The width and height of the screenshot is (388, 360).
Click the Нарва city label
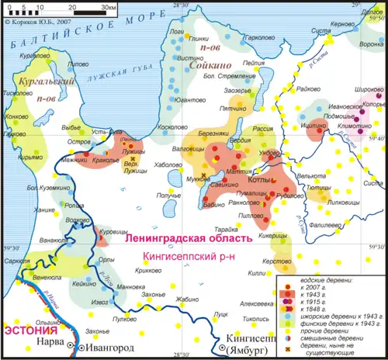[x=50, y=340]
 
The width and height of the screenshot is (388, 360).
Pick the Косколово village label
[x=174, y=126]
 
